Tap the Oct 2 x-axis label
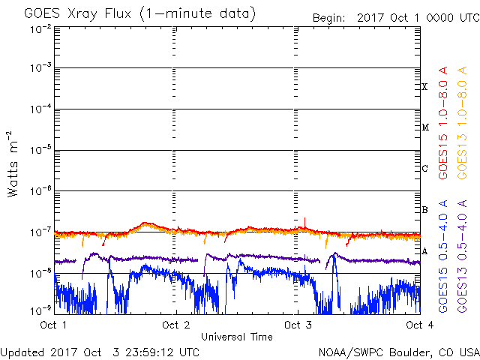pos(175,325)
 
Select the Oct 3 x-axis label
pos(298,325)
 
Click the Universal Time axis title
pos(236,337)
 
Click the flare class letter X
pos(424,87)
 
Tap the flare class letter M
pos(424,127)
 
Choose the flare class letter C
pos(424,169)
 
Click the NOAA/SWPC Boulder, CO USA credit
pos(398,352)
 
